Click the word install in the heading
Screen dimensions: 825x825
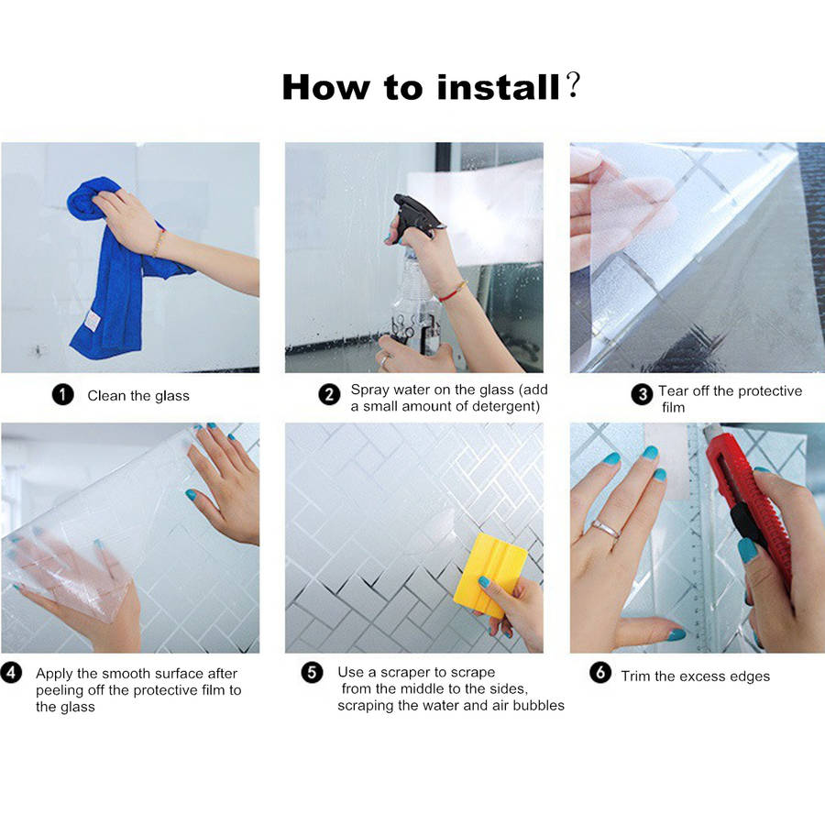[x=499, y=87]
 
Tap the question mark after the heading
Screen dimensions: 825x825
[x=573, y=85]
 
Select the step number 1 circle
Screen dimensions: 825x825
[x=62, y=394]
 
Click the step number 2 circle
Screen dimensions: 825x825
[x=329, y=394]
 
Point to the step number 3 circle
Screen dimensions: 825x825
[x=642, y=394]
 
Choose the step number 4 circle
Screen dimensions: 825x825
[x=11, y=673]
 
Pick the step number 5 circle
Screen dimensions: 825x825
[x=312, y=672]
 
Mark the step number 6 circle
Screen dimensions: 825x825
[x=600, y=672]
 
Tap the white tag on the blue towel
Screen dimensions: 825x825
[x=92, y=321]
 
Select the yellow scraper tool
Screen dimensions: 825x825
[x=489, y=575]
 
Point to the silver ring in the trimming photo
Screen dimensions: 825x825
[x=606, y=528]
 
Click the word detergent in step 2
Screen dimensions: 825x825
[x=506, y=406]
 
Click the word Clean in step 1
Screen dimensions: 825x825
[x=107, y=396]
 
